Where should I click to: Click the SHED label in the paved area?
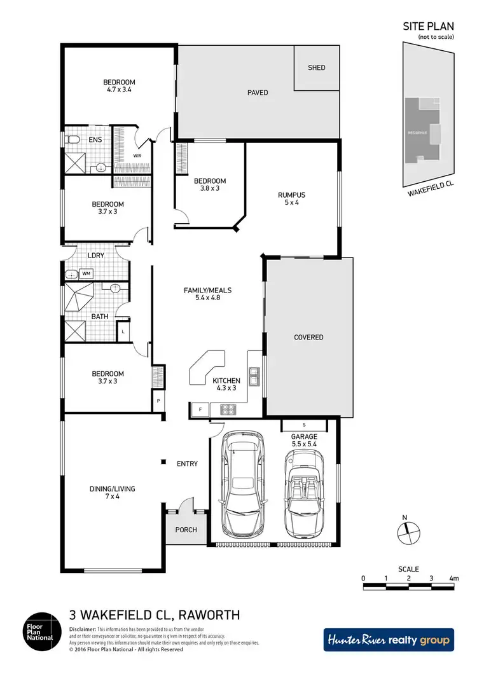[316, 67]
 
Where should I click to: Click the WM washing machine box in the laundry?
[86, 274]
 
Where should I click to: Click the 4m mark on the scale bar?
[453, 578]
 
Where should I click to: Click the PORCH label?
[186, 530]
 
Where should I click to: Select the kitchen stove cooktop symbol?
[228, 409]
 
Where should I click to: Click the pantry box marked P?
[157, 402]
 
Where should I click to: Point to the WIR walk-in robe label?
[137, 155]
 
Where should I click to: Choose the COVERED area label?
[308, 337]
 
